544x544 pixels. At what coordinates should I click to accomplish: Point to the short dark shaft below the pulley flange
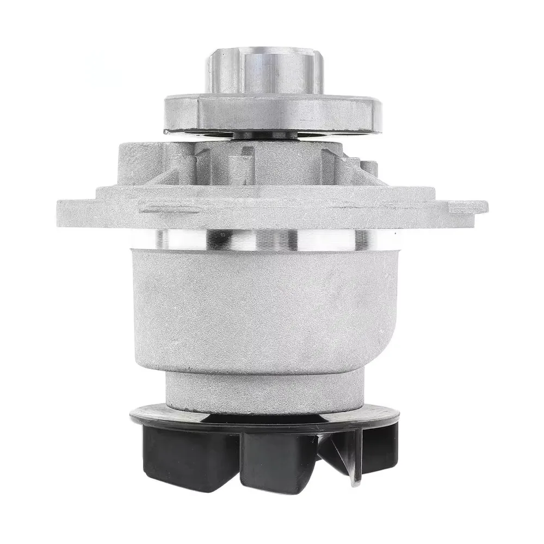click(x=265, y=135)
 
